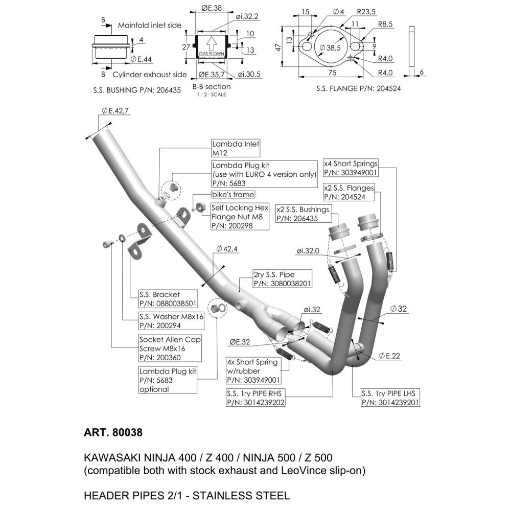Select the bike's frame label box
(x=233, y=195)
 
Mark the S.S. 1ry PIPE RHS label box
(x=255, y=398)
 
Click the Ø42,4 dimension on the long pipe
(x=227, y=249)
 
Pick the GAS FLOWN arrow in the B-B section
(x=211, y=44)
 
